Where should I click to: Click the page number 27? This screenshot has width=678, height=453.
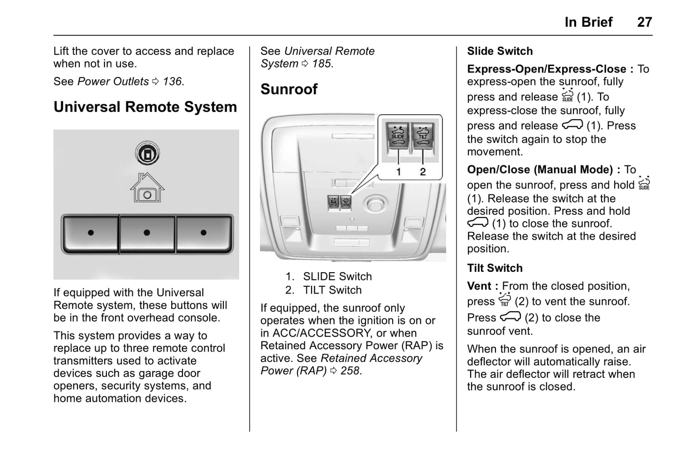(644, 22)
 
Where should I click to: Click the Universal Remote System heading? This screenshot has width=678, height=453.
(145, 107)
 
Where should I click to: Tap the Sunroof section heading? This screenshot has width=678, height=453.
(289, 89)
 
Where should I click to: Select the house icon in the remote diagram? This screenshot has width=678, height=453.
(147, 188)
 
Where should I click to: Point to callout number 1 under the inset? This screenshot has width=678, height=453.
(398, 172)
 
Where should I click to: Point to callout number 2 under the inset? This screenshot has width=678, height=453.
(423, 172)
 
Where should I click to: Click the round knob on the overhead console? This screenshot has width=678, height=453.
(375, 204)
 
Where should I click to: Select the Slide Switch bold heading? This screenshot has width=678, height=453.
(500, 51)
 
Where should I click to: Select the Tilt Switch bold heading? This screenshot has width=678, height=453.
(495, 268)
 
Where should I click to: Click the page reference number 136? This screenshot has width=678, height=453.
(172, 81)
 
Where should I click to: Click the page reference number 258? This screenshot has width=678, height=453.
(350, 370)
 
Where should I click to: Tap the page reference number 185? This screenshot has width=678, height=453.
(321, 63)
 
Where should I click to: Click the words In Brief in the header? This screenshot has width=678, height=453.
(588, 22)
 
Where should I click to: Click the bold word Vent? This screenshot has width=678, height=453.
(479, 286)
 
